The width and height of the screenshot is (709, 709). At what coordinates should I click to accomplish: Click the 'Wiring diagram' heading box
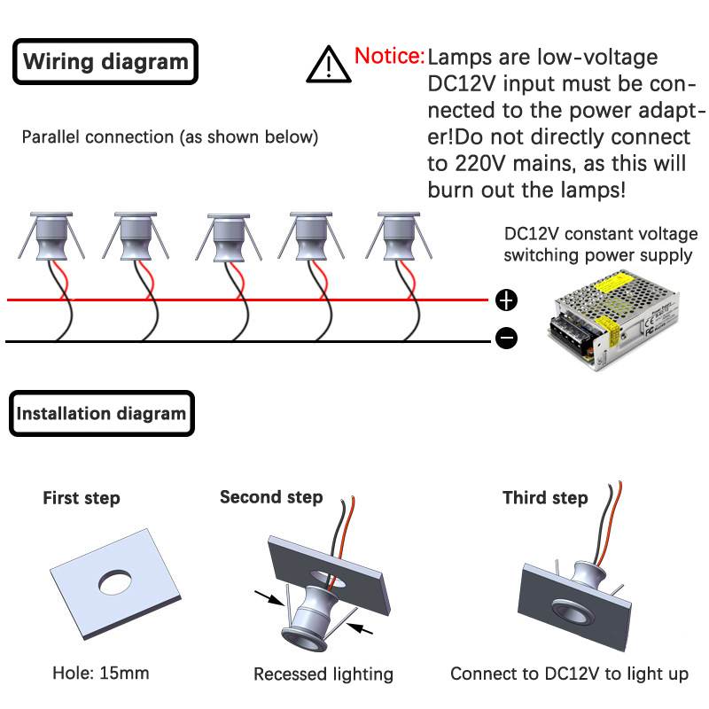pyautogui.click(x=105, y=62)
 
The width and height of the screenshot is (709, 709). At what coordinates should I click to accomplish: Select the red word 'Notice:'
pyautogui.click(x=389, y=57)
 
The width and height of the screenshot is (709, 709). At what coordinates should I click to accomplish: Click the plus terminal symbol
pyautogui.click(x=506, y=300)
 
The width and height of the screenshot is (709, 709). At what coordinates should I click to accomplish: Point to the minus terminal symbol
pyautogui.click(x=506, y=338)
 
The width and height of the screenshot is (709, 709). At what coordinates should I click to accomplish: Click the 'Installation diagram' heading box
pyautogui.click(x=102, y=413)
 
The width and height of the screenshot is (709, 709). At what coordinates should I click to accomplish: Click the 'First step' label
pyautogui.click(x=81, y=498)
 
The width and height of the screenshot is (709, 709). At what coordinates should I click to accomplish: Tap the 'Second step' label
pyautogui.click(x=271, y=497)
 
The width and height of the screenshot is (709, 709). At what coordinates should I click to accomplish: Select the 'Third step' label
pyautogui.click(x=545, y=498)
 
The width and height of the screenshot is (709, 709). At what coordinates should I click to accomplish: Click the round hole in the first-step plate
pyautogui.click(x=115, y=581)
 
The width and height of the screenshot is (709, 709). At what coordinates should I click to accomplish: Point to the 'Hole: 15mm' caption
pyautogui.click(x=101, y=674)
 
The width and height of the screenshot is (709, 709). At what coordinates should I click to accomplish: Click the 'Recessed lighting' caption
pyautogui.click(x=323, y=674)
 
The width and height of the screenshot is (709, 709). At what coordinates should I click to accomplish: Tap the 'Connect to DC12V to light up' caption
pyautogui.click(x=569, y=674)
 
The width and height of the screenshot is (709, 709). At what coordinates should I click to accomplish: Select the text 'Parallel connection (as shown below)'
pyautogui.click(x=170, y=137)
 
